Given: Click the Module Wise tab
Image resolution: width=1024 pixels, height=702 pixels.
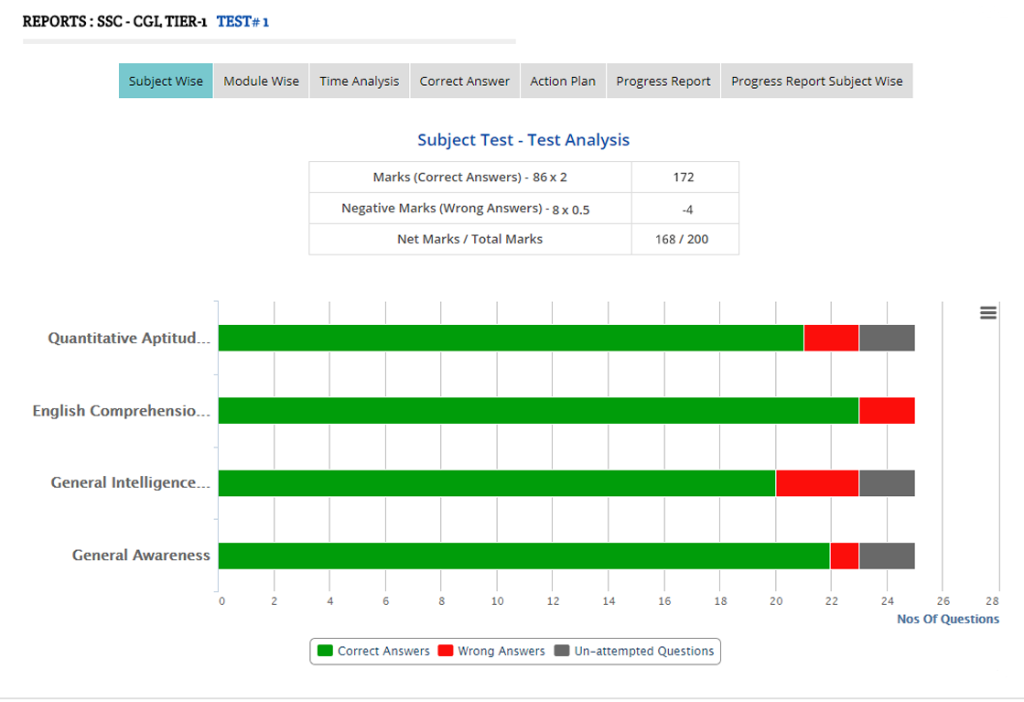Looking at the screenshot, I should pos(261,81).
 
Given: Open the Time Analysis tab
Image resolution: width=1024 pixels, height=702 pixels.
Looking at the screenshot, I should pos(359,81).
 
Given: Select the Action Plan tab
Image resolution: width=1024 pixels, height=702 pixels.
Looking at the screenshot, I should pos(563,81).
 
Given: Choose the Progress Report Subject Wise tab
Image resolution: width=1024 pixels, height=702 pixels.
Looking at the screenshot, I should pos(816,81).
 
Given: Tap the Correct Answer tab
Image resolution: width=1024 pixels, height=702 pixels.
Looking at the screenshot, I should pos(465,81).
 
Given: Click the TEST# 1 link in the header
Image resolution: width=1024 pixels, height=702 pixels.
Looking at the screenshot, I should pos(243,21).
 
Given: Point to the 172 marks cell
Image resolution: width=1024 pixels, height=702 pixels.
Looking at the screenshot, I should pos(684,177).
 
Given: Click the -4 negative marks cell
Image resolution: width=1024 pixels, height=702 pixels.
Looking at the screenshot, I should pos(686,209).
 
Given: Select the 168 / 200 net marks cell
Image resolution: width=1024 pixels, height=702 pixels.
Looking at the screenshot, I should pos(684,239).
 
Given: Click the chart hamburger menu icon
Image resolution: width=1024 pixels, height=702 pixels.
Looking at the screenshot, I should pos(988,313).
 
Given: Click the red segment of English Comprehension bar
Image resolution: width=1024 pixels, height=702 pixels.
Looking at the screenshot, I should pos(886,411).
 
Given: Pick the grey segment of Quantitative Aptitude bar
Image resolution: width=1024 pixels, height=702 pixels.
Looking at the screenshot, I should pos(886,338).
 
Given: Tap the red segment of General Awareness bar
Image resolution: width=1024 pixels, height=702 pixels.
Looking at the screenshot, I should pos(844,556).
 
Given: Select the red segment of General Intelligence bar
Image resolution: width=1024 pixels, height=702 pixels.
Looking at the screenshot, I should pos(816,483).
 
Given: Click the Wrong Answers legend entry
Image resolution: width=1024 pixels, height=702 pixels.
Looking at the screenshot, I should pos(491,651).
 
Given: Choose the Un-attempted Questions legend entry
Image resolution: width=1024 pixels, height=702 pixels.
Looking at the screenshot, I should pos(634,651).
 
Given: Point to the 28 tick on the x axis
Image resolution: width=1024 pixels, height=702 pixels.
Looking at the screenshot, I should pos(992,601).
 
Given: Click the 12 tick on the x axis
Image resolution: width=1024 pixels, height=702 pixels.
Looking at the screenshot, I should pos(553,601).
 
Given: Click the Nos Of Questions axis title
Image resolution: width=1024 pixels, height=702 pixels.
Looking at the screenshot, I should pos(948,619).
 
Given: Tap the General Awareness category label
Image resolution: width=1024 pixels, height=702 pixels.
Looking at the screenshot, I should pos(141,556).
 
